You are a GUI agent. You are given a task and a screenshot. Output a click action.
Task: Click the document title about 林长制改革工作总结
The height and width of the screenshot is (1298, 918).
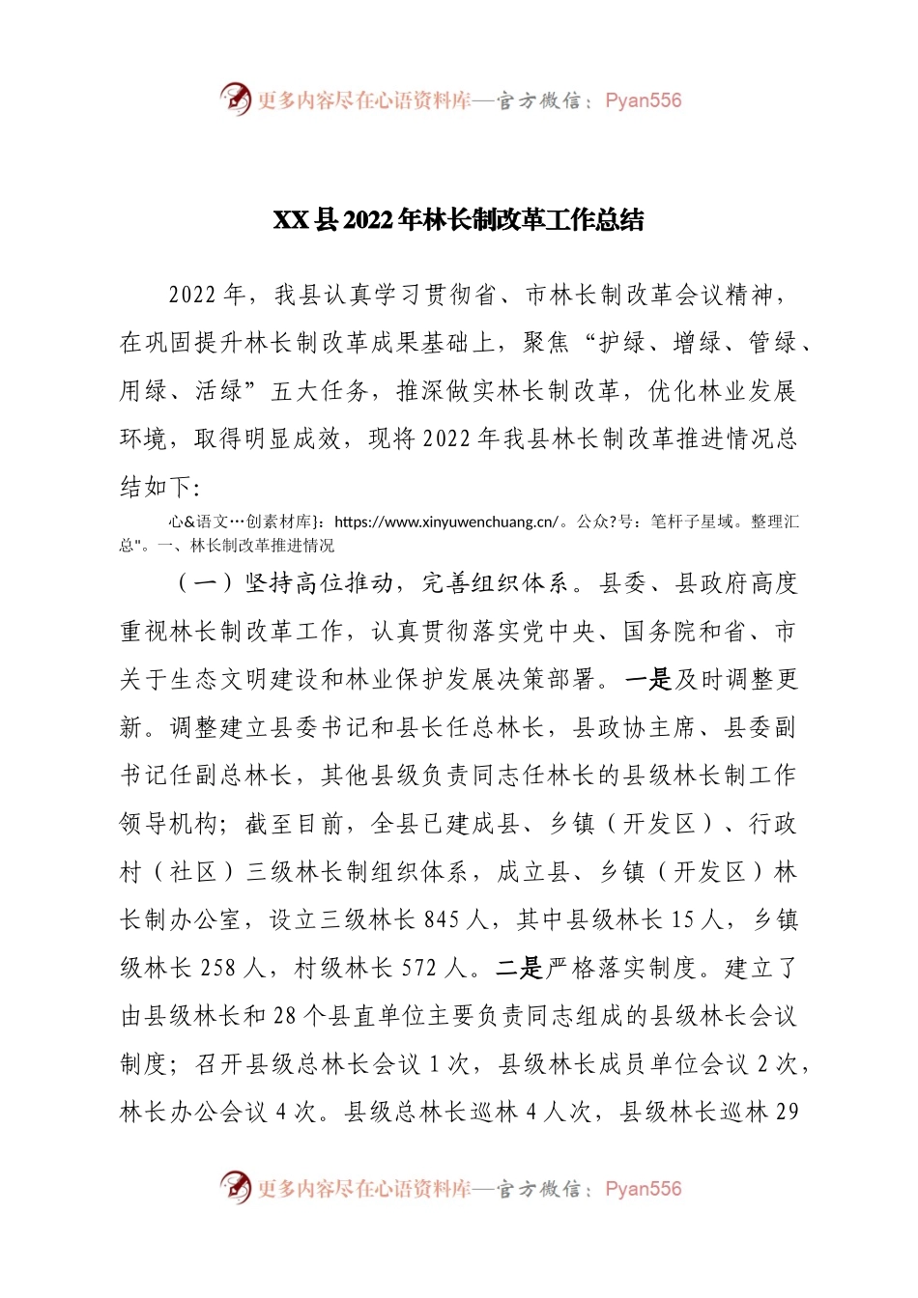459,220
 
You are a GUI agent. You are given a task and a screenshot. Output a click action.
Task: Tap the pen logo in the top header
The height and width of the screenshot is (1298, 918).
235,99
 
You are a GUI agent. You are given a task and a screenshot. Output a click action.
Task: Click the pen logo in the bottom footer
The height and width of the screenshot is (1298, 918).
235,1188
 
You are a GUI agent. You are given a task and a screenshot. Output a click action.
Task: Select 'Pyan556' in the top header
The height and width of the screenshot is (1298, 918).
643,100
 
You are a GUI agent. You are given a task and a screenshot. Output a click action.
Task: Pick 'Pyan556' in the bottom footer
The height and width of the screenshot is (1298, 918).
643,1189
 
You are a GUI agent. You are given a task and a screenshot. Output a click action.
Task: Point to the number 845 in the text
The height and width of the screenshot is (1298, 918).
442,920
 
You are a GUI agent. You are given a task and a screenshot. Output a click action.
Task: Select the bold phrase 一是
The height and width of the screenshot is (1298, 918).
647,680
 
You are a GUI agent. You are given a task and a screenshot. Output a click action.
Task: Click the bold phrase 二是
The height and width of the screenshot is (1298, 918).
520,969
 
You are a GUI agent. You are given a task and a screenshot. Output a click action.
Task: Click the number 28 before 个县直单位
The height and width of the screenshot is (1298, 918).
284,1017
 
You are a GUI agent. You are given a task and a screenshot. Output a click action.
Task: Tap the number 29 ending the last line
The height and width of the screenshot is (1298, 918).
788,1113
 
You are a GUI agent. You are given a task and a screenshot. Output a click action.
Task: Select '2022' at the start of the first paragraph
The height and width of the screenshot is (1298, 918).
193,296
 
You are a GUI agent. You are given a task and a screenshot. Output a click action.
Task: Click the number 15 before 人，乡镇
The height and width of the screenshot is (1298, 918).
683,920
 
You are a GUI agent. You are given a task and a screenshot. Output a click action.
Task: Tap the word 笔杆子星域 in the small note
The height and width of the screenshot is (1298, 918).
693,522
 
